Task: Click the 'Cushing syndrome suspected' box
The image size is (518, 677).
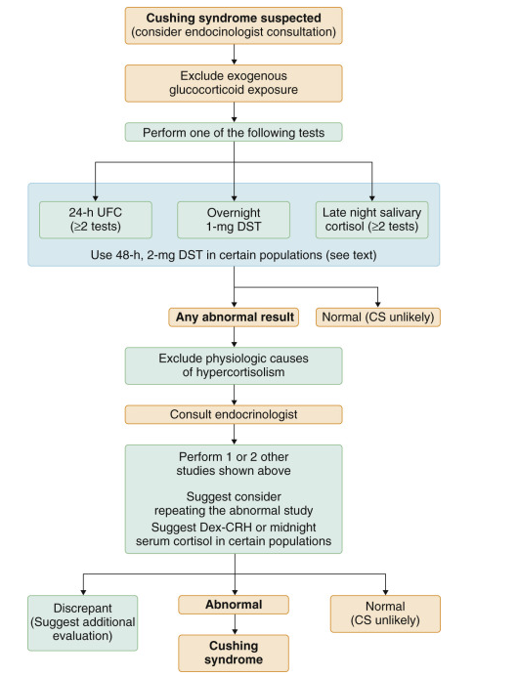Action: click(x=234, y=25)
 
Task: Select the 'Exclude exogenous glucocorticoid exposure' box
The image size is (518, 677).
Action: click(x=234, y=83)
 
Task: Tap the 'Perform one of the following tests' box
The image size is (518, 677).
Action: click(x=234, y=131)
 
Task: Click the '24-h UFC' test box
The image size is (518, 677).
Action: click(x=94, y=220)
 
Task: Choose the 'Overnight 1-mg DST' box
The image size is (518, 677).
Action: click(x=234, y=220)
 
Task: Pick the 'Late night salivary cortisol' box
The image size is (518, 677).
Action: click(x=372, y=220)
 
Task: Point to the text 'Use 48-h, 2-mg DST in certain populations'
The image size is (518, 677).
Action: click(x=234, y=256)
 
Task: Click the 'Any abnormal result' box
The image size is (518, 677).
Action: click(x=234, y=317)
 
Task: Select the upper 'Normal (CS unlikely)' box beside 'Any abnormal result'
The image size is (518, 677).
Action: click(x=379, y=317)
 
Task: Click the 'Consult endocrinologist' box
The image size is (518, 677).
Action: click(x=234, y=414)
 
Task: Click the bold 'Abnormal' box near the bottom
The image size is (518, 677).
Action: click(x=234, y=605)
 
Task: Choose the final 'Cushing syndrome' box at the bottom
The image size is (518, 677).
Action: click(x=234, y=652)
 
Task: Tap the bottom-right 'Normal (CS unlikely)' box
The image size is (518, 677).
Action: click(x=385, y=613)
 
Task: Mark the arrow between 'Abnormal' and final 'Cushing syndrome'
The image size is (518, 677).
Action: click(x=234, y=625)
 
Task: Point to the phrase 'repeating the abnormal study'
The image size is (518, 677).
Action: click(x=234, y=509)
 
